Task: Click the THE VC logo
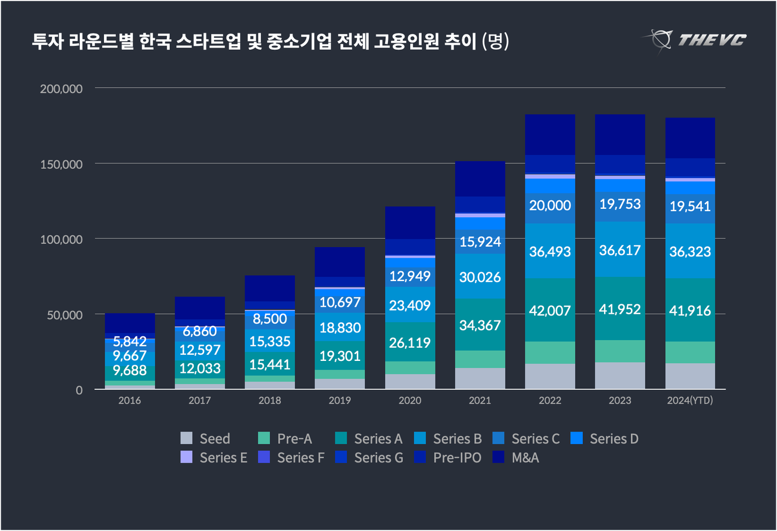tap(694, 40)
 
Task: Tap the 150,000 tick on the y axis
tap(61, 164)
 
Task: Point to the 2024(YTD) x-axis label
tap(689, 400)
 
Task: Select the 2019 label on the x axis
tap(340, 400)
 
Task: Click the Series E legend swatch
tap(187, 457)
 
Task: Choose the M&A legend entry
tap(515, 457)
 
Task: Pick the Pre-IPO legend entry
tap(447, 457)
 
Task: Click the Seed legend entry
tap(205, 439)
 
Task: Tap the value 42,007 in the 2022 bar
tap(550, 311)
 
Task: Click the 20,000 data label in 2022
tap(550, 206)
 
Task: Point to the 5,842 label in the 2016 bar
tap(130, 341)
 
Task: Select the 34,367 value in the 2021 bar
tap(480, 325)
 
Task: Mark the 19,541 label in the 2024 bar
tap(690, 206)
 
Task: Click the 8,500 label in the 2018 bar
tap(270, 319)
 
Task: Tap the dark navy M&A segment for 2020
tap(410, 223)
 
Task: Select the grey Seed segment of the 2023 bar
tap(620, 376)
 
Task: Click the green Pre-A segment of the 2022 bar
tap(550, 353)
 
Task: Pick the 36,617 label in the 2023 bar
tap(620, 250)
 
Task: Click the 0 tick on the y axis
tap(79, 390)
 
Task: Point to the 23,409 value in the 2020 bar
tap(410, 305)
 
